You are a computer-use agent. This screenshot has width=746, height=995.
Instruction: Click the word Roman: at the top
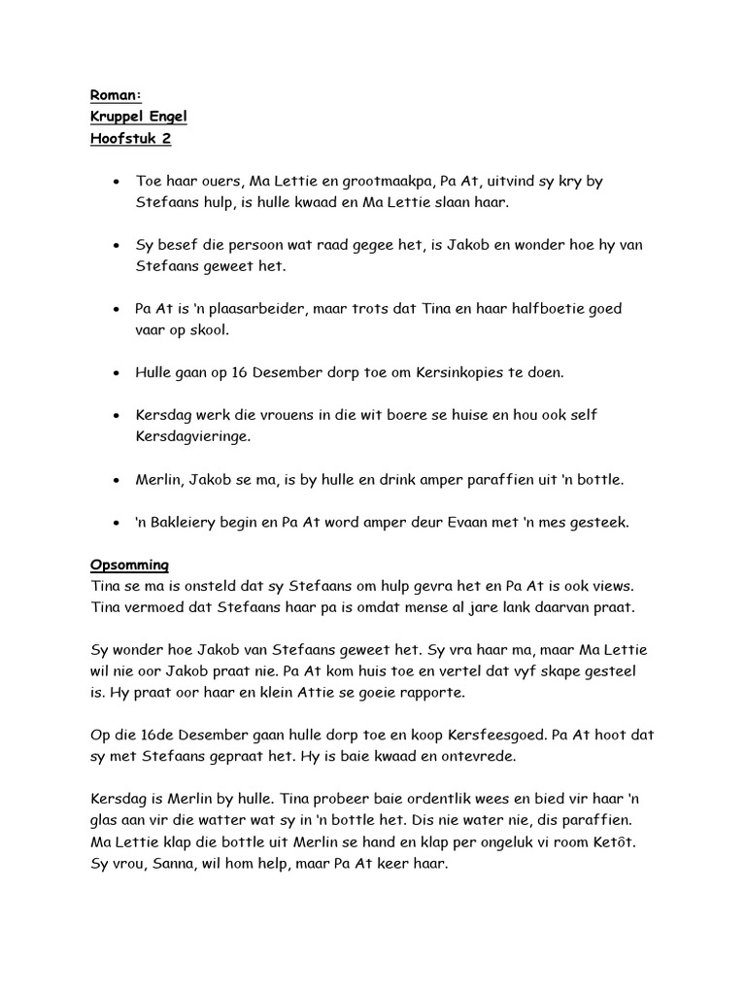tap(116, 94)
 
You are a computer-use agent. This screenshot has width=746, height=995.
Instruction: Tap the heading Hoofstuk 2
tap(130, 139)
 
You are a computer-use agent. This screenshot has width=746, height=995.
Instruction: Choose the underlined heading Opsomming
tap(129, 564)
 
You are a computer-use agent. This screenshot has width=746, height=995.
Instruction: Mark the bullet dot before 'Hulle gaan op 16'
tap(117, 372)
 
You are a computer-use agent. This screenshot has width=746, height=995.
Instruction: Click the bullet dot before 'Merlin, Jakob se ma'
tap(117, 479)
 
